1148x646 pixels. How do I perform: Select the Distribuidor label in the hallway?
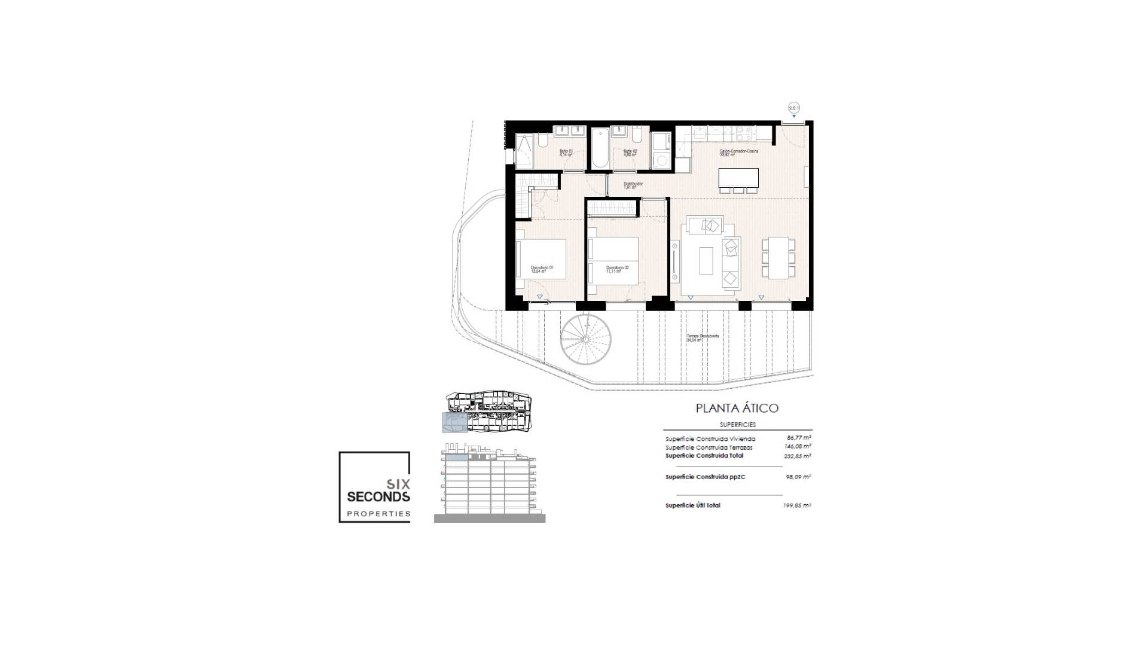point(633,185)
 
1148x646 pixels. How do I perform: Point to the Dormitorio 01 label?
point(542,269)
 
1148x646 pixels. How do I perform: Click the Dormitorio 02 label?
point(617,269)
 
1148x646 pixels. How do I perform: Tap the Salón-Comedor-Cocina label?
point(738,153)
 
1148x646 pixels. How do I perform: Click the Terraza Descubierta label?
point(702,338)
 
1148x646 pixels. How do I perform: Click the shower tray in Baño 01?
point(524,150)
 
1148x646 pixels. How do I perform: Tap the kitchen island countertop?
point(738,178)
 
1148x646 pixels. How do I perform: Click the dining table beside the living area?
point(778,257)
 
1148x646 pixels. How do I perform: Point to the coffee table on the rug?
point(707,261)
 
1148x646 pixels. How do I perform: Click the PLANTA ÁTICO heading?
point(737,409)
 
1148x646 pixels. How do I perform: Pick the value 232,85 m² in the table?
point(797,456)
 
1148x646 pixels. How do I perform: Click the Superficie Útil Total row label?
point(692,505)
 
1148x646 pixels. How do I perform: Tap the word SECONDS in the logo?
point(378,496)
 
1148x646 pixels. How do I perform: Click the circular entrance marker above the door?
point(794,108)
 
